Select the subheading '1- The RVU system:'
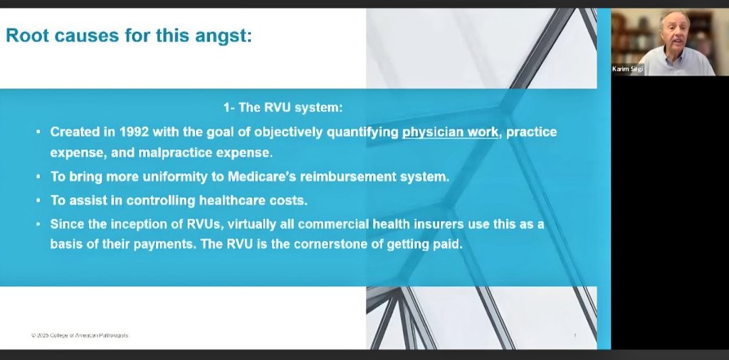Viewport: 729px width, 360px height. coord(283,108)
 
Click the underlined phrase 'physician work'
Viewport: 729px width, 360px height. coord(450,132)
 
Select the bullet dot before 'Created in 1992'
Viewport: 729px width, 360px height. coord(38,133)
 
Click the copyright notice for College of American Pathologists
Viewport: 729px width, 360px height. coord(79,335)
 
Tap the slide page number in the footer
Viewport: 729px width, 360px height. coord(575,335)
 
